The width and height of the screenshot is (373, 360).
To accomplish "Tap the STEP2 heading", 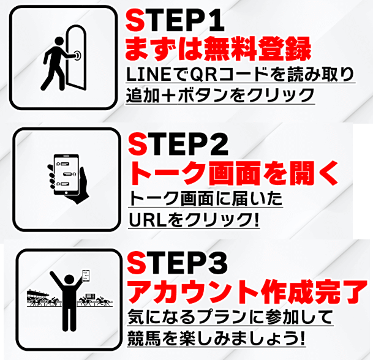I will pyautogui.click(x=178, y=144).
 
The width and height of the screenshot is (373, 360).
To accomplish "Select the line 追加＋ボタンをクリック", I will pyautogui.click(x=220, y=96).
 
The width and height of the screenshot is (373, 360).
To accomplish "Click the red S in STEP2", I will pyautogui.click(x=136, y=144).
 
